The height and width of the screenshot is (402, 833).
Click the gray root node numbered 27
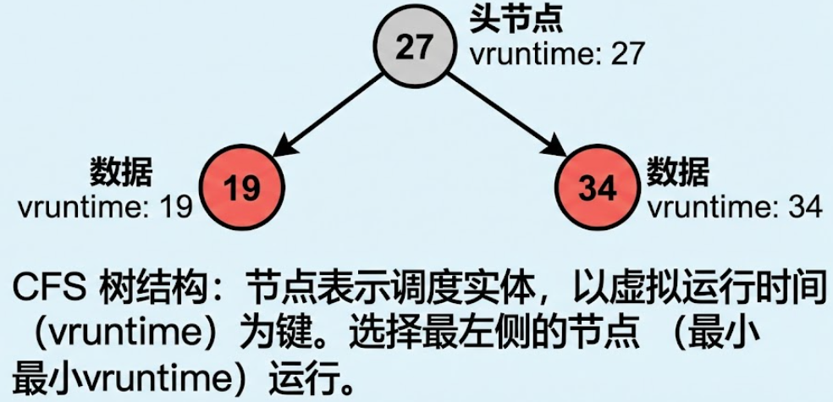tap(414, 48)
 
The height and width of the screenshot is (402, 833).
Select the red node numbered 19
tap(243, 188)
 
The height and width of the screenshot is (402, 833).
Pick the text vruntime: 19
tap(105, 207)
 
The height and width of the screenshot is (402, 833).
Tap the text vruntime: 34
tap(735, 207)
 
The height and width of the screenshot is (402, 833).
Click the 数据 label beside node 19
tap(122, 173)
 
